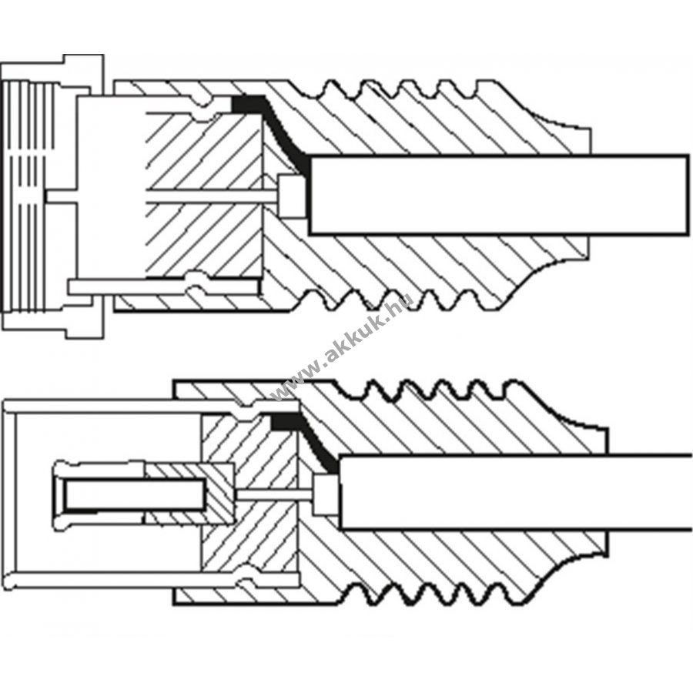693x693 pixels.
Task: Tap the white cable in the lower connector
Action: pos(515,491)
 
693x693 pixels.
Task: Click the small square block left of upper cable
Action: pos(293,196)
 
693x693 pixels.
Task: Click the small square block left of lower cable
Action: pos(326,494)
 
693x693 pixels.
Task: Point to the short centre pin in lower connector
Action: pos(274,494)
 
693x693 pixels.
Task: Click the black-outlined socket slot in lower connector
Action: pos(136,495)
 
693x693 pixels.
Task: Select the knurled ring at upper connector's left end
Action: pos(25,196)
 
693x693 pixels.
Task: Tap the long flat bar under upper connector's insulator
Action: pos(163,287)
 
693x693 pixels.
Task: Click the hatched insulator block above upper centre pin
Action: pos(204,150)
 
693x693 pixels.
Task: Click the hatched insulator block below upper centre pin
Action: pos(204,240)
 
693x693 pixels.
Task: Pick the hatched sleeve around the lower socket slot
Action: pos(190,494)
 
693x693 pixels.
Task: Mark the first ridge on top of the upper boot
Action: pos(330,88)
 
